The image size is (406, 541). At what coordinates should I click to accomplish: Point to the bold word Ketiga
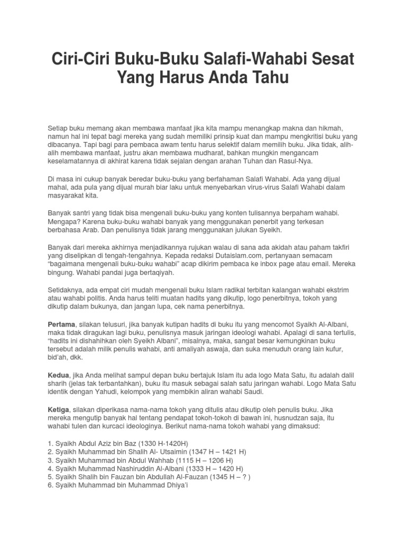60,409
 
